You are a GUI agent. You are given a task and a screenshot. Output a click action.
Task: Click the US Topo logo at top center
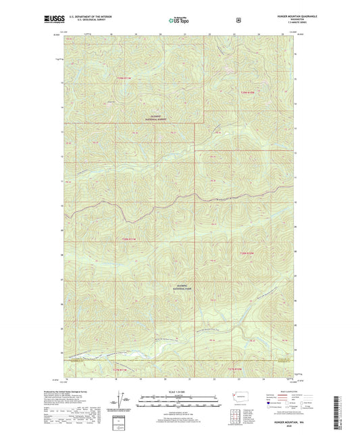tap(180, 20)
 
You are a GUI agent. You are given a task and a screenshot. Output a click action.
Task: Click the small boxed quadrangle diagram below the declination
tap(126, 423)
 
